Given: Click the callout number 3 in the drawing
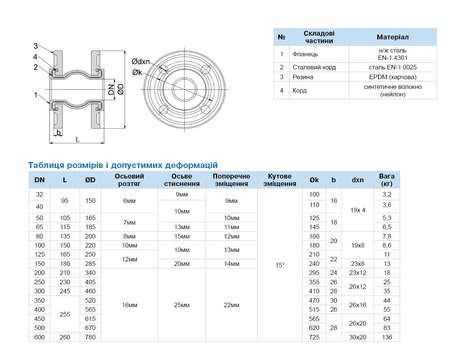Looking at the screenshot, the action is point(36,46).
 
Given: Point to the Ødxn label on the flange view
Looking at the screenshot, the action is point(141,61).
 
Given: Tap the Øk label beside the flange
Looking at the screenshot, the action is point(137,72).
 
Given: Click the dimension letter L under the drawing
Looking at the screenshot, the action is point(78,139).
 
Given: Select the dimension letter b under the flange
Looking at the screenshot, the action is point(58,133).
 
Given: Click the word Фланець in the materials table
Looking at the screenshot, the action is point(305,54).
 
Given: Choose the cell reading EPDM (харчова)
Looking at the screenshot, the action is point(393,77).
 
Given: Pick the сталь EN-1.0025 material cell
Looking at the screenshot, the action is point(393,67).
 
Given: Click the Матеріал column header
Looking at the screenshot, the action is point(393,37).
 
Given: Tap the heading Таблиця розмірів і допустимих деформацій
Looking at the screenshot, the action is point(123,165).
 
